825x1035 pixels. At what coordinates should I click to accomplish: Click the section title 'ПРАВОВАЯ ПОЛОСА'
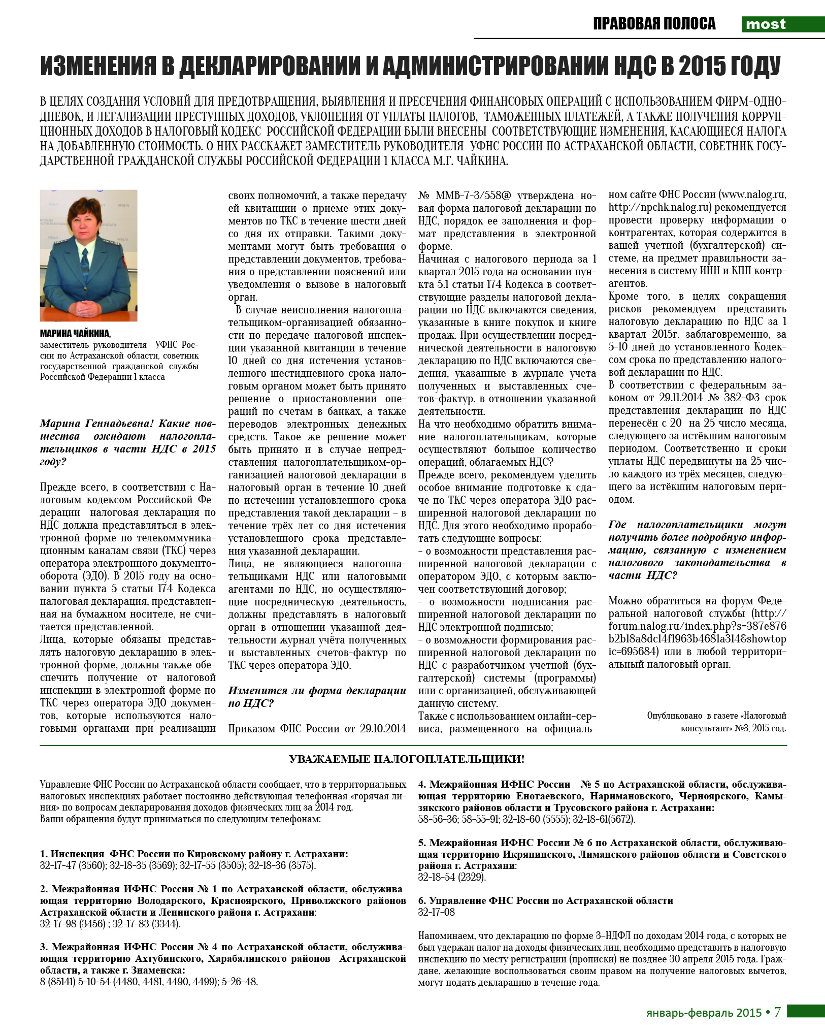[654, 24]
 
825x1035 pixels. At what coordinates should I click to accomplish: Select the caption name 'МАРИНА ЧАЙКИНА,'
[75, 334]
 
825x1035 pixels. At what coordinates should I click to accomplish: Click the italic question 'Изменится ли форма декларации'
[317, 691]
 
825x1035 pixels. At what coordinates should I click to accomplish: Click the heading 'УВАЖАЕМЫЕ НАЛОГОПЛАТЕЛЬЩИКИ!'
[407, 759]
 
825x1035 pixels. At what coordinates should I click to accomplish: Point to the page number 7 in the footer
[777, 1013]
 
